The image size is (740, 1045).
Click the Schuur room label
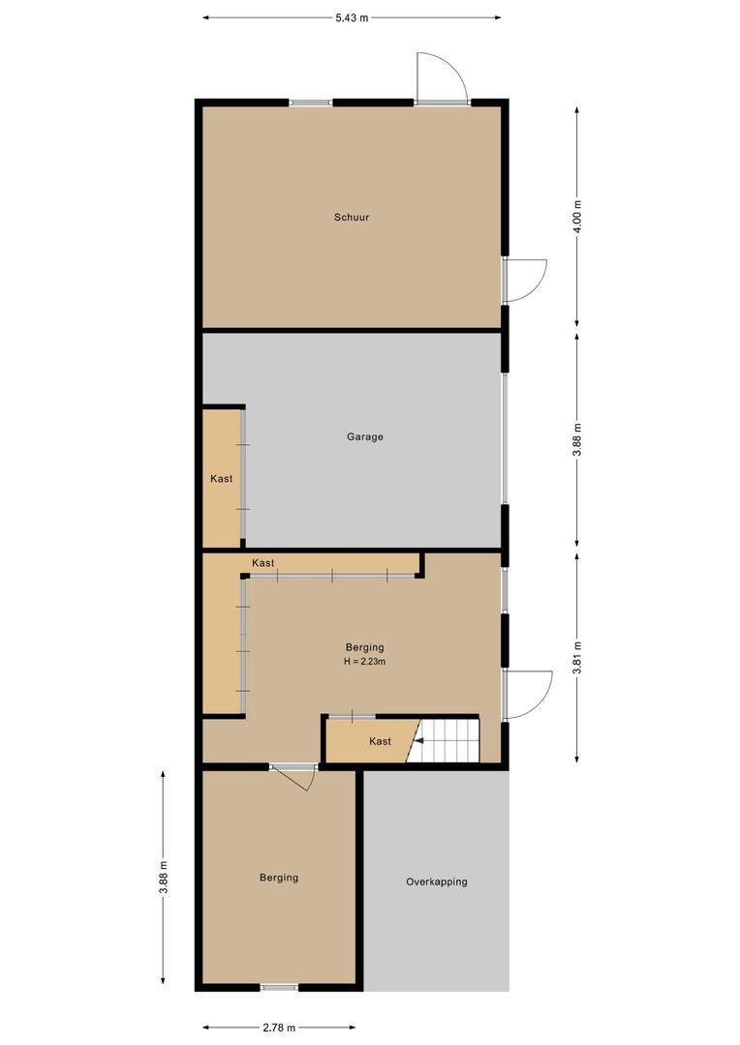[x=352, y=218]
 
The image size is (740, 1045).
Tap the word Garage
[x=365, y=436]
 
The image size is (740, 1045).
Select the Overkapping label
[x=436, y=881]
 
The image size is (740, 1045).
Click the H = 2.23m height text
[x=365, y=662]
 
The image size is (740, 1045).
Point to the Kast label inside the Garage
[x=222, y=478]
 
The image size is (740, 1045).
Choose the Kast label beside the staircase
[x=380, y=741]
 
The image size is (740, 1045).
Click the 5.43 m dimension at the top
[x=352, y=17]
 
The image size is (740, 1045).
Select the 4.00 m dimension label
[x=578, y=217]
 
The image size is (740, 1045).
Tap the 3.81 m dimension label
[x=578, y=657]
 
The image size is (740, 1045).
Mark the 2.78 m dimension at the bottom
[x=279, y=1028]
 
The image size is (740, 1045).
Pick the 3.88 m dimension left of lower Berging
[x=163, y=877]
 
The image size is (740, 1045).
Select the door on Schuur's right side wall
[x=524, y=281]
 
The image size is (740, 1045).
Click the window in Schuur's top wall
[x=310, y=103]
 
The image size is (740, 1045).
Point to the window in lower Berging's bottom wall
[x=279, y=987]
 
